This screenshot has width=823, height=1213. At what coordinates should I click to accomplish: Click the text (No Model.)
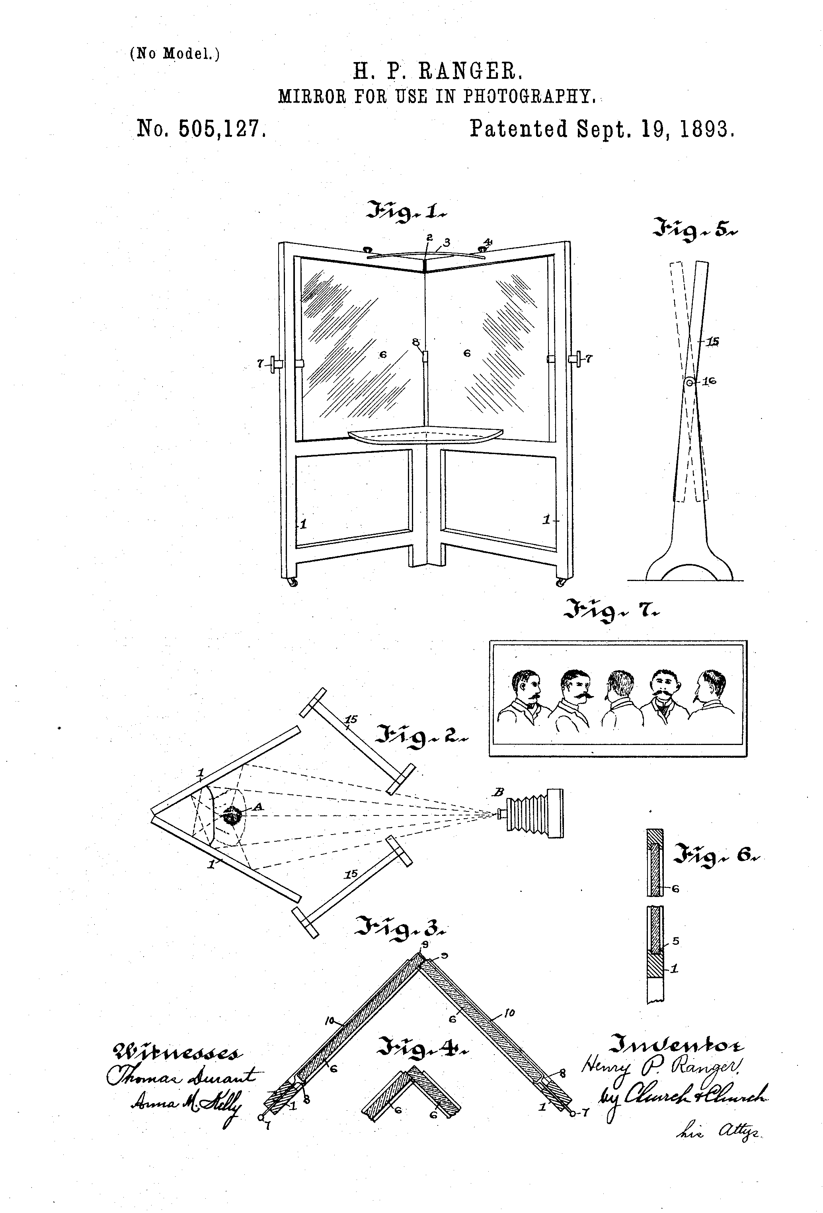click(174, 53)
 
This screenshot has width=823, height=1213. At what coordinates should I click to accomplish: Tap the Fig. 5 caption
click(689, 229)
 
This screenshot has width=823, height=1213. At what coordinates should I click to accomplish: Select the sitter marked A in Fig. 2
click(231, 815)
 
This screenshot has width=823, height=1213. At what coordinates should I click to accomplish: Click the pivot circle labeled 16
click(689, 382)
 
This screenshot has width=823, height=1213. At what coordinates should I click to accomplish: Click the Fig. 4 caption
click(423, 1046)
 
